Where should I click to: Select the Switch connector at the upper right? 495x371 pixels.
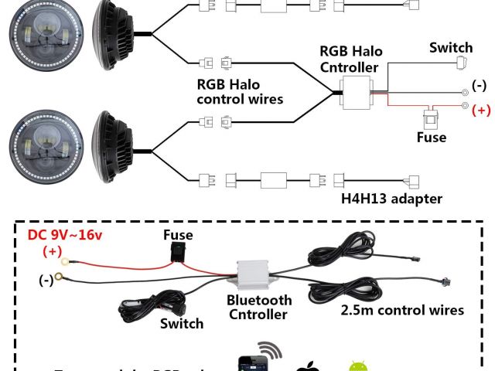463,64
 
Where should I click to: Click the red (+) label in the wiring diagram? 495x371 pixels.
481,110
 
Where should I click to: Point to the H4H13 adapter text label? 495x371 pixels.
391,199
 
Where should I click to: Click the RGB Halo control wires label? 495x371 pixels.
240,91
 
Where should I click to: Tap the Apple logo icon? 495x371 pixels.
308,365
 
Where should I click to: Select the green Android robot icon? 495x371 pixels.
357,365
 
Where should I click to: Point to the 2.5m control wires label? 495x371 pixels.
402,310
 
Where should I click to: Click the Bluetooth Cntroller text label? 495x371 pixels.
259,308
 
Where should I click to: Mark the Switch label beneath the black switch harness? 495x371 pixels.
181,324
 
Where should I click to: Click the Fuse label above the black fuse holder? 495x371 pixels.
178,235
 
